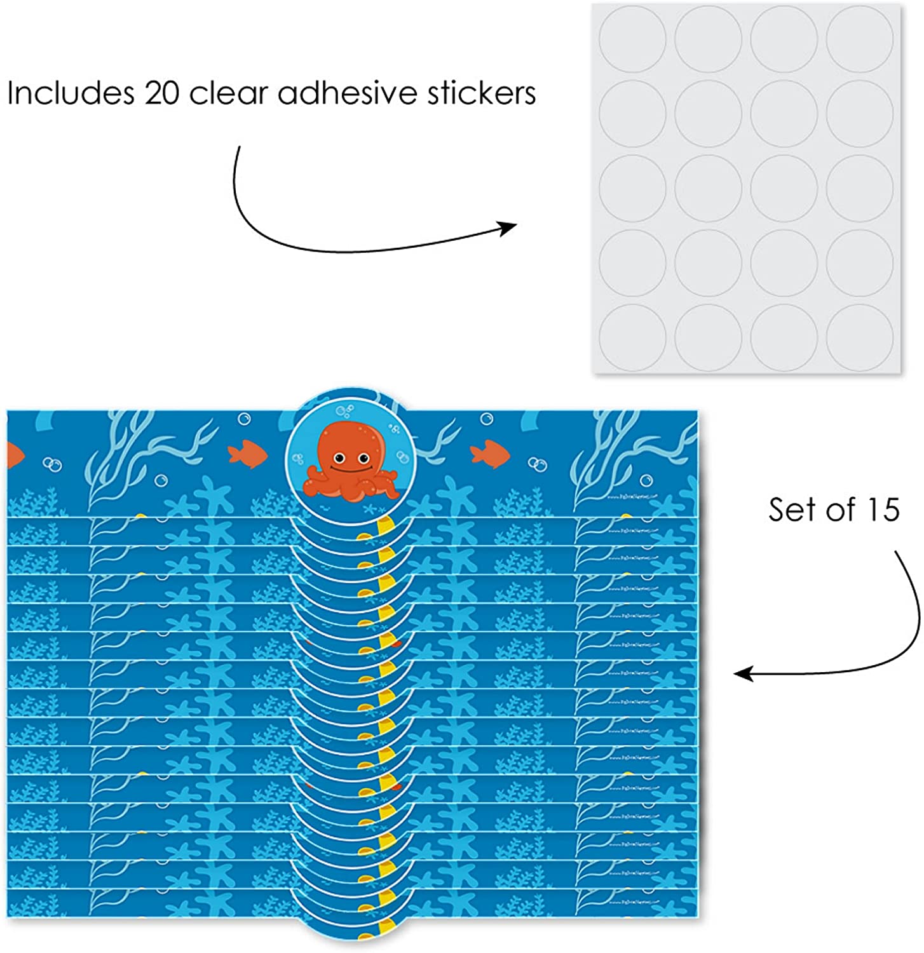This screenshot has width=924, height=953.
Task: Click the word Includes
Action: [70, 93]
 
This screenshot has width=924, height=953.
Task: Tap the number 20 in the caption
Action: [162, 93]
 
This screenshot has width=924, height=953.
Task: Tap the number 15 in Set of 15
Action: [880, 509]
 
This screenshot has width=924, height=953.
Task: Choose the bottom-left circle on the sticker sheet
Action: [632, 336]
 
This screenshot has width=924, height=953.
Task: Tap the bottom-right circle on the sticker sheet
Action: [859, 336]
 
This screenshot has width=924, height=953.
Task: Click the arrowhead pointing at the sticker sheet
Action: [508, 227]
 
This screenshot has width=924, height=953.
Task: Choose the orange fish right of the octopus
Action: [489, 452]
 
